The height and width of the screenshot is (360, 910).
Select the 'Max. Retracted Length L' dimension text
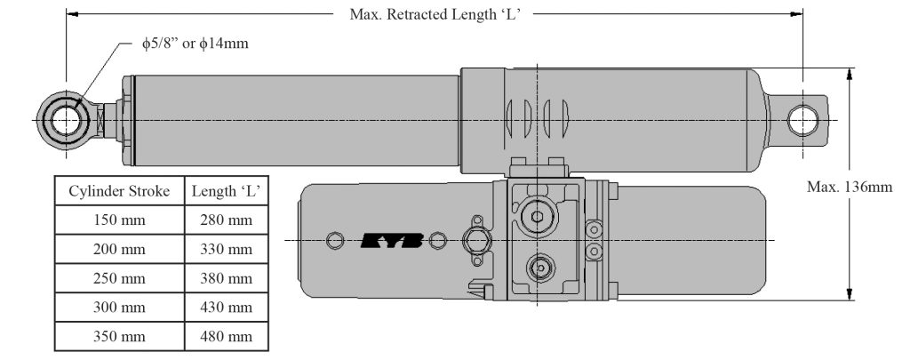tap(435, 14)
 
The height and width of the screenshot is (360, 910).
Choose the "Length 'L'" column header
tap(227, 190)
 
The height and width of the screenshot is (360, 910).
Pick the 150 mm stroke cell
tap(119, 220)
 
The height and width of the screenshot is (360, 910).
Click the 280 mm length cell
tap(227, 220)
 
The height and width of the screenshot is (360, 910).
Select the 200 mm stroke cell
tap(119, 249)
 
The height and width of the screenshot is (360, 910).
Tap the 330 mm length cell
tap(227, 249)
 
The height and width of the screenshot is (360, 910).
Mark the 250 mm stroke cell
tap(119, 278)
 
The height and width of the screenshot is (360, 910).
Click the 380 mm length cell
tap(227, 278)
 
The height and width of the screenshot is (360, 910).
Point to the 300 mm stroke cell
tap(119, 308)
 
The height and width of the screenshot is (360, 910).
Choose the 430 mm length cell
tap(227, 308)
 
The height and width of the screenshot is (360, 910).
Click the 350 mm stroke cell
tap(119, 337)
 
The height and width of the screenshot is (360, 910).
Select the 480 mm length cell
tap(227, 337)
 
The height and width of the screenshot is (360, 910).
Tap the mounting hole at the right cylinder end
tap(803, 118)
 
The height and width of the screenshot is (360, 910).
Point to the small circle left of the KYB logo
tap(335, 240)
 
